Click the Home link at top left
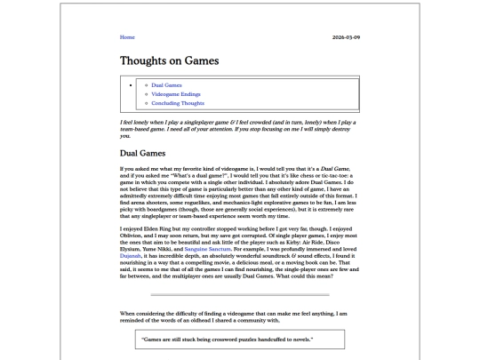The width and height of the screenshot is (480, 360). (126, 37)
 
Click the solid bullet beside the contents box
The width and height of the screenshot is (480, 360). (132, 84)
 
